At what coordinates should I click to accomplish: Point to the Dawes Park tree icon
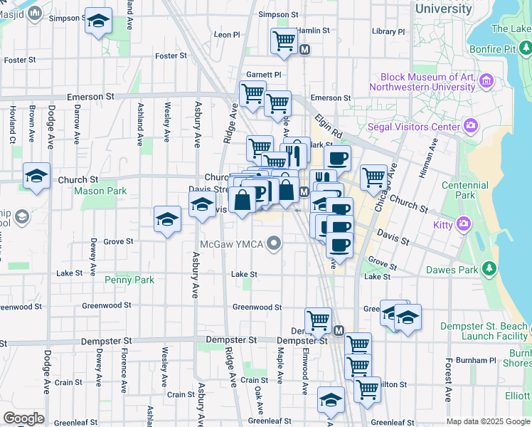click(489, 269)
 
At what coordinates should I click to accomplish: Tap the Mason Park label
click(100, 191)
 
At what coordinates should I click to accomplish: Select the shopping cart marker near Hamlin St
click(284, 41)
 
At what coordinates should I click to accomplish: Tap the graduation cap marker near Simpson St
click(98, 21)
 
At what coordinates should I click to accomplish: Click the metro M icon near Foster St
click(305, 50)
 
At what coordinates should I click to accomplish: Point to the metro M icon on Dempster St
click(339, 331)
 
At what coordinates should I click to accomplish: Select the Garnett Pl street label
click(264, 74)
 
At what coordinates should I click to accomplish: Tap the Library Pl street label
click(388, 31)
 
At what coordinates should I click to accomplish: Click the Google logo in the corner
click(23, 418)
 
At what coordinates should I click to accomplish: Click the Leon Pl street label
click(228, 34)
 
